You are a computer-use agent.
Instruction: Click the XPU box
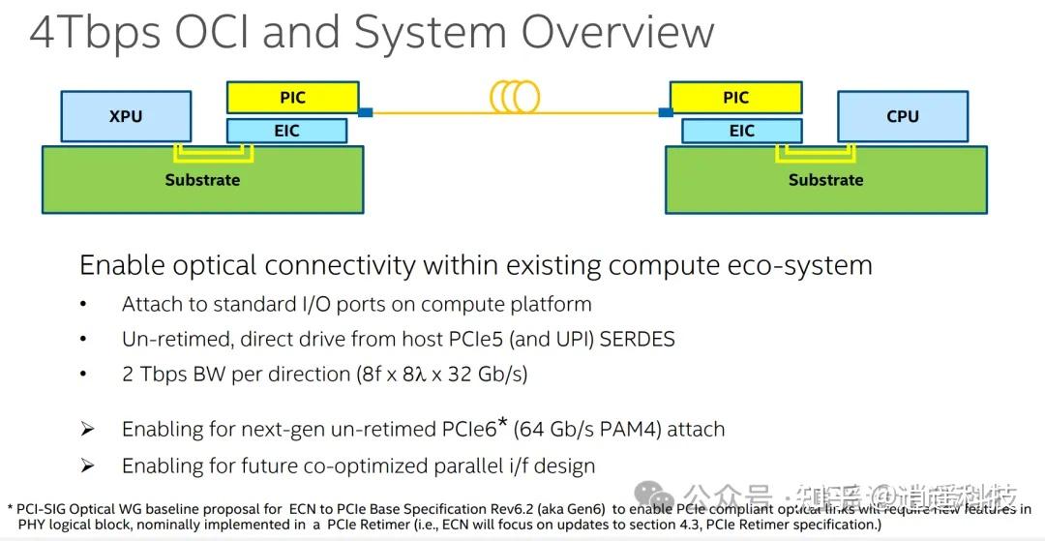click(x=125, y=116)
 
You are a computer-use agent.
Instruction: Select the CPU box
click(x=902, y=116)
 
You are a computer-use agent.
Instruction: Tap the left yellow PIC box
click(x=291, y=98)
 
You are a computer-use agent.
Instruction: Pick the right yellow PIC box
click(x=735, y=98)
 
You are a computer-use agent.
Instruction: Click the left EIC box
click(x=286, y=131)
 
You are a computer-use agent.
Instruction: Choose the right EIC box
click(x=741, y=131)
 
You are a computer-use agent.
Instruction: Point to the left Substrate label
click(x=202, y=180)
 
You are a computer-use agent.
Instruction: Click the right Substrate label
click(x=825, y=180)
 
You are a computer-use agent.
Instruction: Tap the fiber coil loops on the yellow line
click(x=515, y=97)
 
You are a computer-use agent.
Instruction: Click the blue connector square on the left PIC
click(x=365, y=113)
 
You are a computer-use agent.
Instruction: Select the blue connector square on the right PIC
click(x=666, y=113)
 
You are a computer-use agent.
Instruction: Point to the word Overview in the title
click(x=617, y=33)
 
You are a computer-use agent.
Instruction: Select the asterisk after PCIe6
click(x=502, y=423)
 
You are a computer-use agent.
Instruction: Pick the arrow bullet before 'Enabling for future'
click(x=87, y=466)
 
